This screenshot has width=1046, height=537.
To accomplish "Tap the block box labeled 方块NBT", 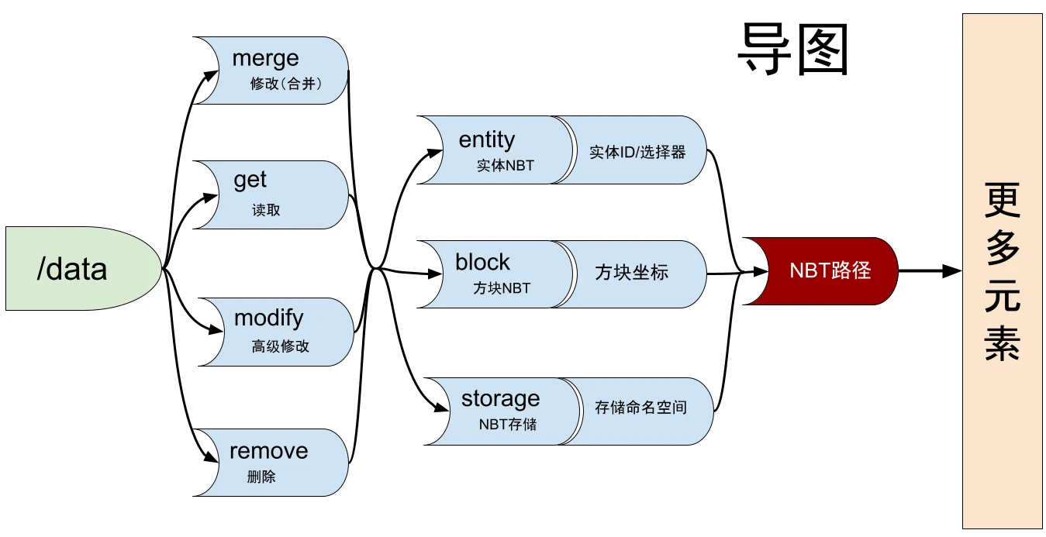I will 492,274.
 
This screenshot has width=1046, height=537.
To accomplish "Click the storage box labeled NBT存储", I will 500,411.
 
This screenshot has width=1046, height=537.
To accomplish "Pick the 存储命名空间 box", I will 644,411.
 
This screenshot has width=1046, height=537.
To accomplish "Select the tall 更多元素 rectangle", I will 1002,271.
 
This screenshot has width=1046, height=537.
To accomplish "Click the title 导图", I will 792,48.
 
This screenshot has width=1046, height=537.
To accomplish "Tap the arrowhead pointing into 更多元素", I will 952,271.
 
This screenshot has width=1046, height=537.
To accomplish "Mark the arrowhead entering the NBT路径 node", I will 759,271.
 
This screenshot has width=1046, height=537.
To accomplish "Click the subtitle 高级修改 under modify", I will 280,346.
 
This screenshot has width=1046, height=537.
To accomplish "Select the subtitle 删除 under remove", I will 261,477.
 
